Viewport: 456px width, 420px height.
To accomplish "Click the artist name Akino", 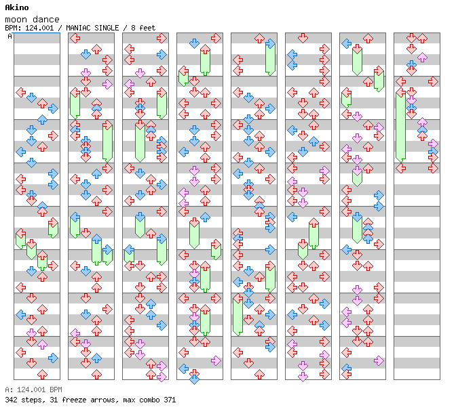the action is tap(17, 7).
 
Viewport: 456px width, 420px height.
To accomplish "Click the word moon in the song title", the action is tap(16, 20).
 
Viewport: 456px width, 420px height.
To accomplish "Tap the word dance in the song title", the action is tap(46, 20).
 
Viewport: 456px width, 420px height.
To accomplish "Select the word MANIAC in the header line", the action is tap(78, 28).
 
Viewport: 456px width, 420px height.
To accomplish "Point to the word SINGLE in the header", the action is tap(107, 28).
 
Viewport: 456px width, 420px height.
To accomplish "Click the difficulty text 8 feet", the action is tap(143, 28).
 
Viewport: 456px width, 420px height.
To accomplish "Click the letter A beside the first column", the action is tap(9, 36).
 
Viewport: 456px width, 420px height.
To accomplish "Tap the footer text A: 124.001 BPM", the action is tap(33, 390).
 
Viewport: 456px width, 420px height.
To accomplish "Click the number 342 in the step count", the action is tap(11, 400).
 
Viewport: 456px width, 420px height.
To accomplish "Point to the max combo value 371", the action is tap(170, 400).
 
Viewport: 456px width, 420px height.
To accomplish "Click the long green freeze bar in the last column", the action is tap(400, 127).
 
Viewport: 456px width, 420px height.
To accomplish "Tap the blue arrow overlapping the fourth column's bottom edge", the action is tap(194, 379).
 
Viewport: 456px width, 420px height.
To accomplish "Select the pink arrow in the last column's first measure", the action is tap(422, 57).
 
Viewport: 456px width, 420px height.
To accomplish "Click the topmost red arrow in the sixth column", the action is tap(303, 38).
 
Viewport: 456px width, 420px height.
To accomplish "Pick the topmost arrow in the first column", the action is tap(20, 93).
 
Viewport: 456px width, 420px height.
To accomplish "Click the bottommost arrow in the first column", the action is tap(42, 374).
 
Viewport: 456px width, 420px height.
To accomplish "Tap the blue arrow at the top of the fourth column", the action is tap(194, 43).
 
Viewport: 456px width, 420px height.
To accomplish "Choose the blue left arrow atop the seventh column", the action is tap(346, 43).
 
